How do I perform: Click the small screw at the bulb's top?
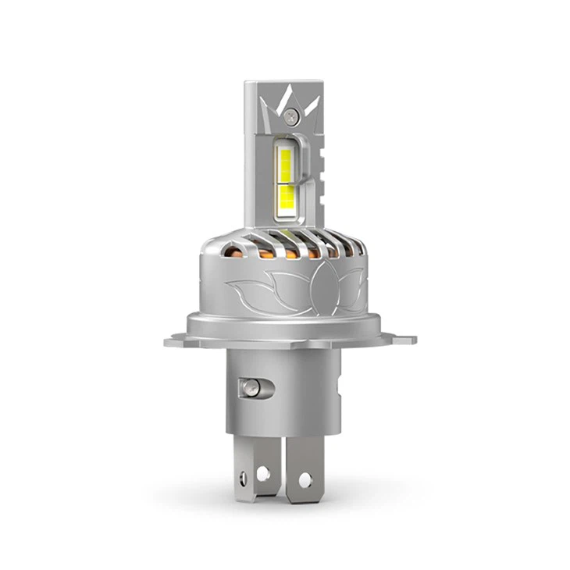[291, 116]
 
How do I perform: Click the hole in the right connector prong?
[305, 479]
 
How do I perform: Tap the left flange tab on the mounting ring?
[175, 340]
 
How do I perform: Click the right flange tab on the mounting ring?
[404, 340]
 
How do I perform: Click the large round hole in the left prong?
[263, 473]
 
